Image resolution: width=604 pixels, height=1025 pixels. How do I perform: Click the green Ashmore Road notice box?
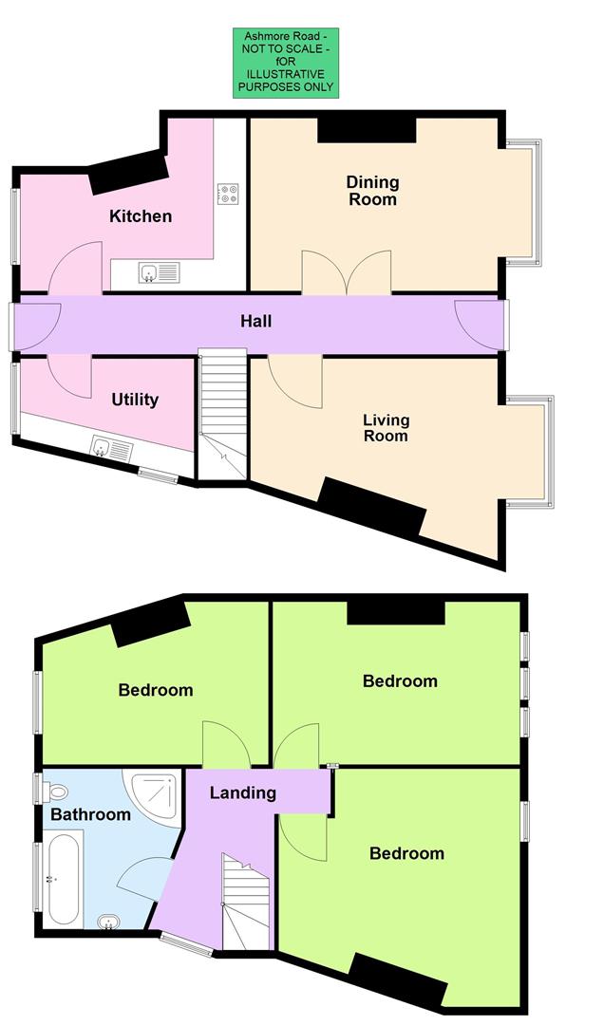pos(283,62)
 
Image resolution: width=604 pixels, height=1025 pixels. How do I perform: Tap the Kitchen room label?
pos(141,216)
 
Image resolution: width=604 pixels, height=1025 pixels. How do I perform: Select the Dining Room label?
pos(372,191)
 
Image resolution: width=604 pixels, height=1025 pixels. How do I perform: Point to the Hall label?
pos(255,322)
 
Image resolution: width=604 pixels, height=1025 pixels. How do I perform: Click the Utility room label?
pos(135,400)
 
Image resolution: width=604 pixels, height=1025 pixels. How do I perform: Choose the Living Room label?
pos(386,428)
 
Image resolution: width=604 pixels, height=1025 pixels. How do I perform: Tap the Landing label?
pos(242,792)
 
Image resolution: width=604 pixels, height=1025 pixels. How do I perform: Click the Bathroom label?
pos(90,814)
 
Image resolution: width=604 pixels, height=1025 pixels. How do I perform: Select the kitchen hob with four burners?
pos(227,194)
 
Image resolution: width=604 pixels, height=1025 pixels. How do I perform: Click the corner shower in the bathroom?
pos(154,792)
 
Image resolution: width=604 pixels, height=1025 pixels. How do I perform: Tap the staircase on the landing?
pos(246,902)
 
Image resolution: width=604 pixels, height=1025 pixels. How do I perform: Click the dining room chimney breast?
pos(367,128)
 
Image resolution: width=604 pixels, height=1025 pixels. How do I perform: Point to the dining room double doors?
pos(347,272)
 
